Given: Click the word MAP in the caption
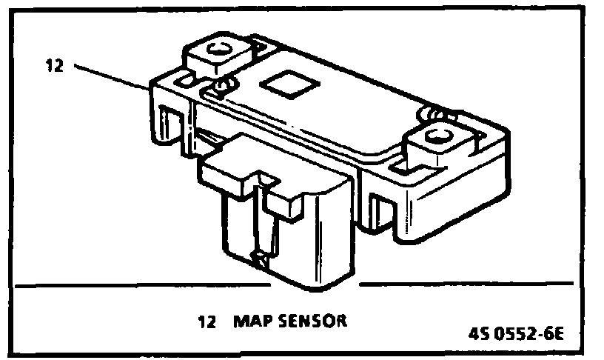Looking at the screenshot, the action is pyautogui.click(x=249, y=322).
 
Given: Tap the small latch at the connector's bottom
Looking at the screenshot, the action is pyautogui.click(x=261, y=259).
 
